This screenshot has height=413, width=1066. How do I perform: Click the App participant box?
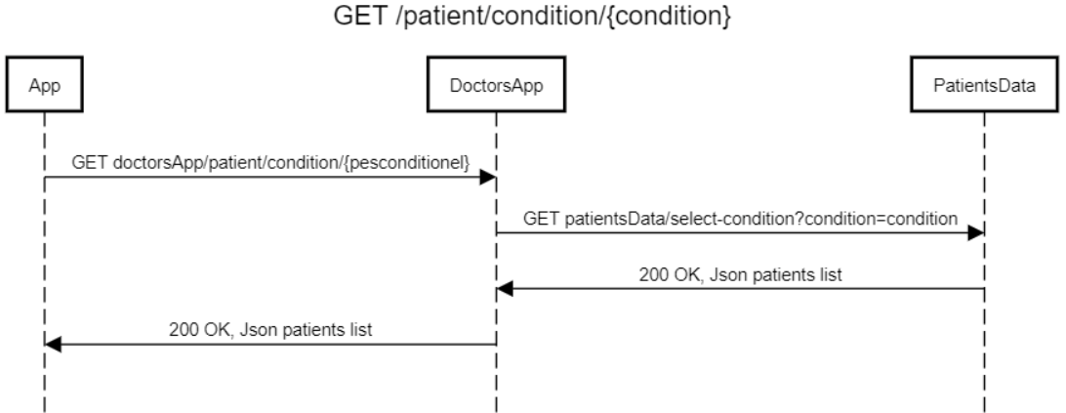[x=44, y=87]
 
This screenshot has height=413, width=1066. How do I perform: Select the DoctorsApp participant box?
[x=495, y=87]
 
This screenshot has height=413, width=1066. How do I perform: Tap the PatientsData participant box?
[x=984, y=87]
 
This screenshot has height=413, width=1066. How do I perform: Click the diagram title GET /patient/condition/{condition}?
[x=531, y=17]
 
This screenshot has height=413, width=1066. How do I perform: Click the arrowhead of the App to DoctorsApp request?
[x=488, y=177]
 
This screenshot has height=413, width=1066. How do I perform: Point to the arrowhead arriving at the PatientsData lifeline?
[x=976, y=233]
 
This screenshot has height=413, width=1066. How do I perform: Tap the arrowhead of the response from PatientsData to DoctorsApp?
[x=504, y=289]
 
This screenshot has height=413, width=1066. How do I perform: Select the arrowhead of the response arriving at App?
[x=53, y=345]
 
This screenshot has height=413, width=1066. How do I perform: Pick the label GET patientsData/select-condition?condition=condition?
[x=740, y=220]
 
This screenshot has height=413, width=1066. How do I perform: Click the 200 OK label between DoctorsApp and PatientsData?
[x=739, y=275]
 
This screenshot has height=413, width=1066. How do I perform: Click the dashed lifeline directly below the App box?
[x=44, y=254]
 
